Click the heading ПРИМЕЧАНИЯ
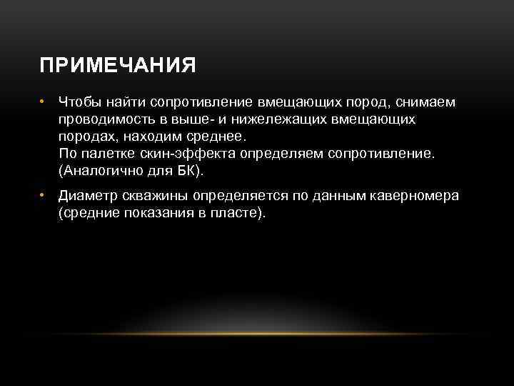[x=118, y=66]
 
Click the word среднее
[x=219, y=137]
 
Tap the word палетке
[x=108, y=154]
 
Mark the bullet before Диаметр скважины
[x=43, y=196]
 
